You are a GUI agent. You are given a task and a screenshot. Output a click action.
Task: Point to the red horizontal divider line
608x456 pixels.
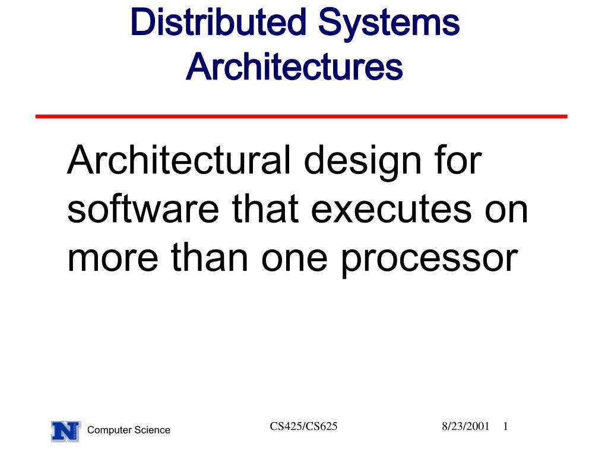click(x=301, y=116)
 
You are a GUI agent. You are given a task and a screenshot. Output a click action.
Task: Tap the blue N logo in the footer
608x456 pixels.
click(x=65, y=430)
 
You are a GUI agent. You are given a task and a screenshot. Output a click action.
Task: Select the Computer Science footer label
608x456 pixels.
click(x=128, y=430)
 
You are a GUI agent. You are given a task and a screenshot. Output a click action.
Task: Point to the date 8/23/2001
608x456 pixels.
click(x=465, y=426)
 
